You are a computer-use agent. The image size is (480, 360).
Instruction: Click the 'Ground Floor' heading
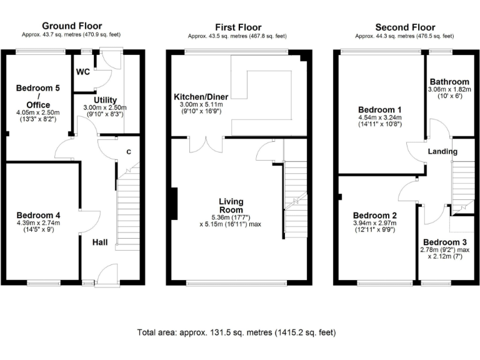[71, 26]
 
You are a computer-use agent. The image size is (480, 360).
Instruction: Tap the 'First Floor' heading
[237, 27]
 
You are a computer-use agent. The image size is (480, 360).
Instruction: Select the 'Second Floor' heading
[404, 27]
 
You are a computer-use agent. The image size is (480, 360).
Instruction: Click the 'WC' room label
[84, 72]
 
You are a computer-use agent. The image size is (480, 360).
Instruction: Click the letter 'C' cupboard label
[129, 152]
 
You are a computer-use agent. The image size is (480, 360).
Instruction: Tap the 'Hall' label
[102, 242]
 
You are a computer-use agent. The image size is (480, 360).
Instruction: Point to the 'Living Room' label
[231, 206]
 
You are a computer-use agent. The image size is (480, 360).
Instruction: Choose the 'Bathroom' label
[449, 82]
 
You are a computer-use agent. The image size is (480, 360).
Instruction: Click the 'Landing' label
[442, 151]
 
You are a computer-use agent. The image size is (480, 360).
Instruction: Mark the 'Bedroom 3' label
[444, 242]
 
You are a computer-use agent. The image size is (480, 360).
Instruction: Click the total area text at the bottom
[239, 332]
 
